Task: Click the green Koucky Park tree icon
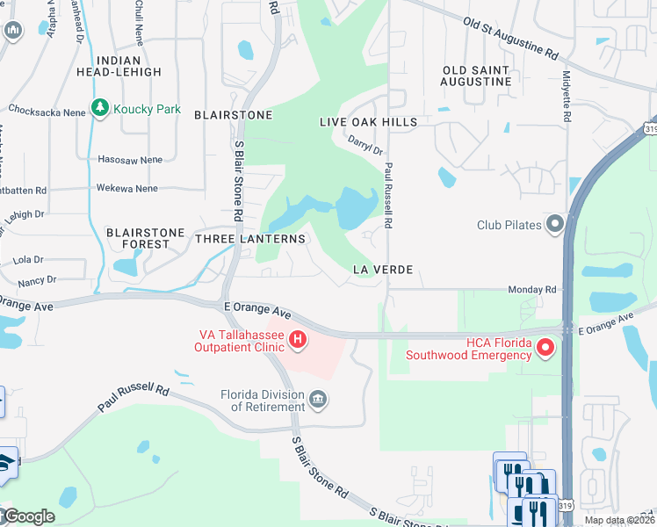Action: point(100,109)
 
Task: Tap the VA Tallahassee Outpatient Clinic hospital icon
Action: point(298,339)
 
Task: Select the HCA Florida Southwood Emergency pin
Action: point(545,349)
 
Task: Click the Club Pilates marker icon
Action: point(554,224)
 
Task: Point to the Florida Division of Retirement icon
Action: point(319,401)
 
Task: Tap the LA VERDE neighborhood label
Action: point(382,270)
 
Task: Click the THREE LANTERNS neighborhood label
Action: point(250,239)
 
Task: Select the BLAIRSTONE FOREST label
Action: point(146,239)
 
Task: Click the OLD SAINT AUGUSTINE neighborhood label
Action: point(477,76)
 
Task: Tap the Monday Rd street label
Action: point(532,289)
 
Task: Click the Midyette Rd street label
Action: point(567,97)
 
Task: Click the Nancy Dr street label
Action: point(36,280)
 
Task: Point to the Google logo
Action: point(29,516)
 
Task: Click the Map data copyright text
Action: point(618,520)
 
